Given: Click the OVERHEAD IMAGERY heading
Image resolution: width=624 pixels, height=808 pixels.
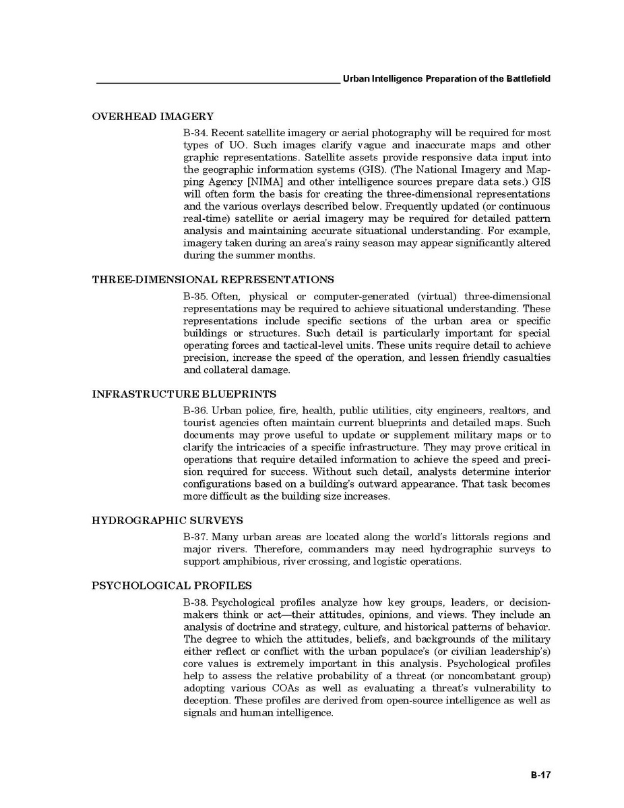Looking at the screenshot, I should click(x=152, y=117).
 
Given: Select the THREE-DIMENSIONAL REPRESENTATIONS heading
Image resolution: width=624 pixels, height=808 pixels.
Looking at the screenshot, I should click(x=212, y=279).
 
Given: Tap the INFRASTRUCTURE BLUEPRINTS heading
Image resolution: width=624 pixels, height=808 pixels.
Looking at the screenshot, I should click(x=184, y=394).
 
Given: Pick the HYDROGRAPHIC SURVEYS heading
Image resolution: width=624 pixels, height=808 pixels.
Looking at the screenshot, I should click(x=167, y=521).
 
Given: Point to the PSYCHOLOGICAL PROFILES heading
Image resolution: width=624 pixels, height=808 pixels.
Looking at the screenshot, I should click(x=172, y=585).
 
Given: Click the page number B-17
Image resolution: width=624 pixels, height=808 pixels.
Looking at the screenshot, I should click(x=540, y=776).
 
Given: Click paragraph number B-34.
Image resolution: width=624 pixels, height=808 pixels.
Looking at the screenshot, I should click(x=195, y=133).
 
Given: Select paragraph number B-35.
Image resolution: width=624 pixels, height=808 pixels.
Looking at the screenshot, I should click(x=195, y=296).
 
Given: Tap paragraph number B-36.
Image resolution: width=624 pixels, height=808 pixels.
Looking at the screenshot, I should click(x=195, y=411).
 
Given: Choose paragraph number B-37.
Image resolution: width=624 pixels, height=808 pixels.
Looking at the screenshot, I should click(x=195, y=537).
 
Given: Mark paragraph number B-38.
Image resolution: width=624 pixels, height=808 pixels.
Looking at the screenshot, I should click(x=195, y=602).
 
